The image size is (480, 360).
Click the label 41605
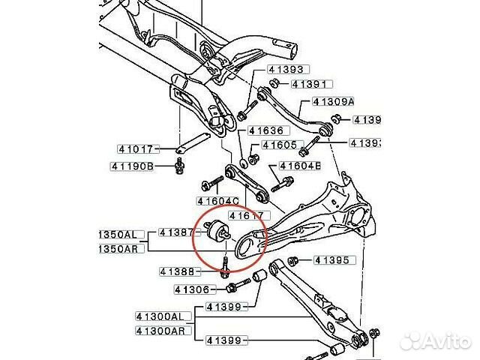[x=278, y=145]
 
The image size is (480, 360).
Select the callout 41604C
[x=217, y=200]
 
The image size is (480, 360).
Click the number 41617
[x=245, y=216]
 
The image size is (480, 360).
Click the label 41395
[x=331, y=260]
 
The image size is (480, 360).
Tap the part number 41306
[x=191, y=289]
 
